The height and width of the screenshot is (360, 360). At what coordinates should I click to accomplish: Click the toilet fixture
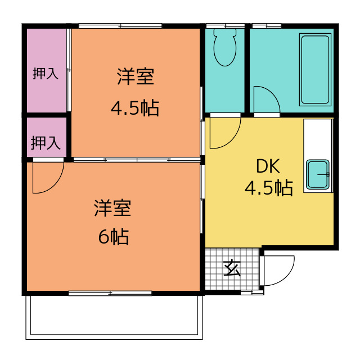[x=225, y=47]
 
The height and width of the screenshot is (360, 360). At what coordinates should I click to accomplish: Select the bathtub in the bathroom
[x=315, y=70]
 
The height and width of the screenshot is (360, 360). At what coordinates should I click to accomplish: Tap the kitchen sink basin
[x=318, y=174]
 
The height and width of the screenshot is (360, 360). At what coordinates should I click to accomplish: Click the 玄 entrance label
[x=232, y=268]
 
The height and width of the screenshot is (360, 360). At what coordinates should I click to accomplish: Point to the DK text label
[x=268, y=166]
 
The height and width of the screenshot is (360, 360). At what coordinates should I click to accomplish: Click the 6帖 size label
[x=114, y=236]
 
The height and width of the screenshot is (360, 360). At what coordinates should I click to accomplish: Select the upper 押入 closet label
[x=46, y=74]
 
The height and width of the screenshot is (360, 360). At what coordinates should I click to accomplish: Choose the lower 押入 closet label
[x=46, y=142]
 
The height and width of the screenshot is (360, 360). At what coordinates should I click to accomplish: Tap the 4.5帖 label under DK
[x=269, y=187]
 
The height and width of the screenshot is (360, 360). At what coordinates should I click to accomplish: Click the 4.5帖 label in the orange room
[x=135, y=108]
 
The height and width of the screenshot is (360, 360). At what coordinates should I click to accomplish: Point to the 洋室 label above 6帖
[x=112, y=208]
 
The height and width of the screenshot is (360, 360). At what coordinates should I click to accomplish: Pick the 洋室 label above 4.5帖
[x=136, y=76]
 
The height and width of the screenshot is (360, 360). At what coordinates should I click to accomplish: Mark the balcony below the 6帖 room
[x=114, y=317]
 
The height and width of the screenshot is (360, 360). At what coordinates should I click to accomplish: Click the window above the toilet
[x=225, y=26]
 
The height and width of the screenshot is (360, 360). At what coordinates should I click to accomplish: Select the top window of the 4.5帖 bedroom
[x=120, y=26]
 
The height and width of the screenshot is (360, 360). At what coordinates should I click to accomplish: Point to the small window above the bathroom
[x=267, y=26]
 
